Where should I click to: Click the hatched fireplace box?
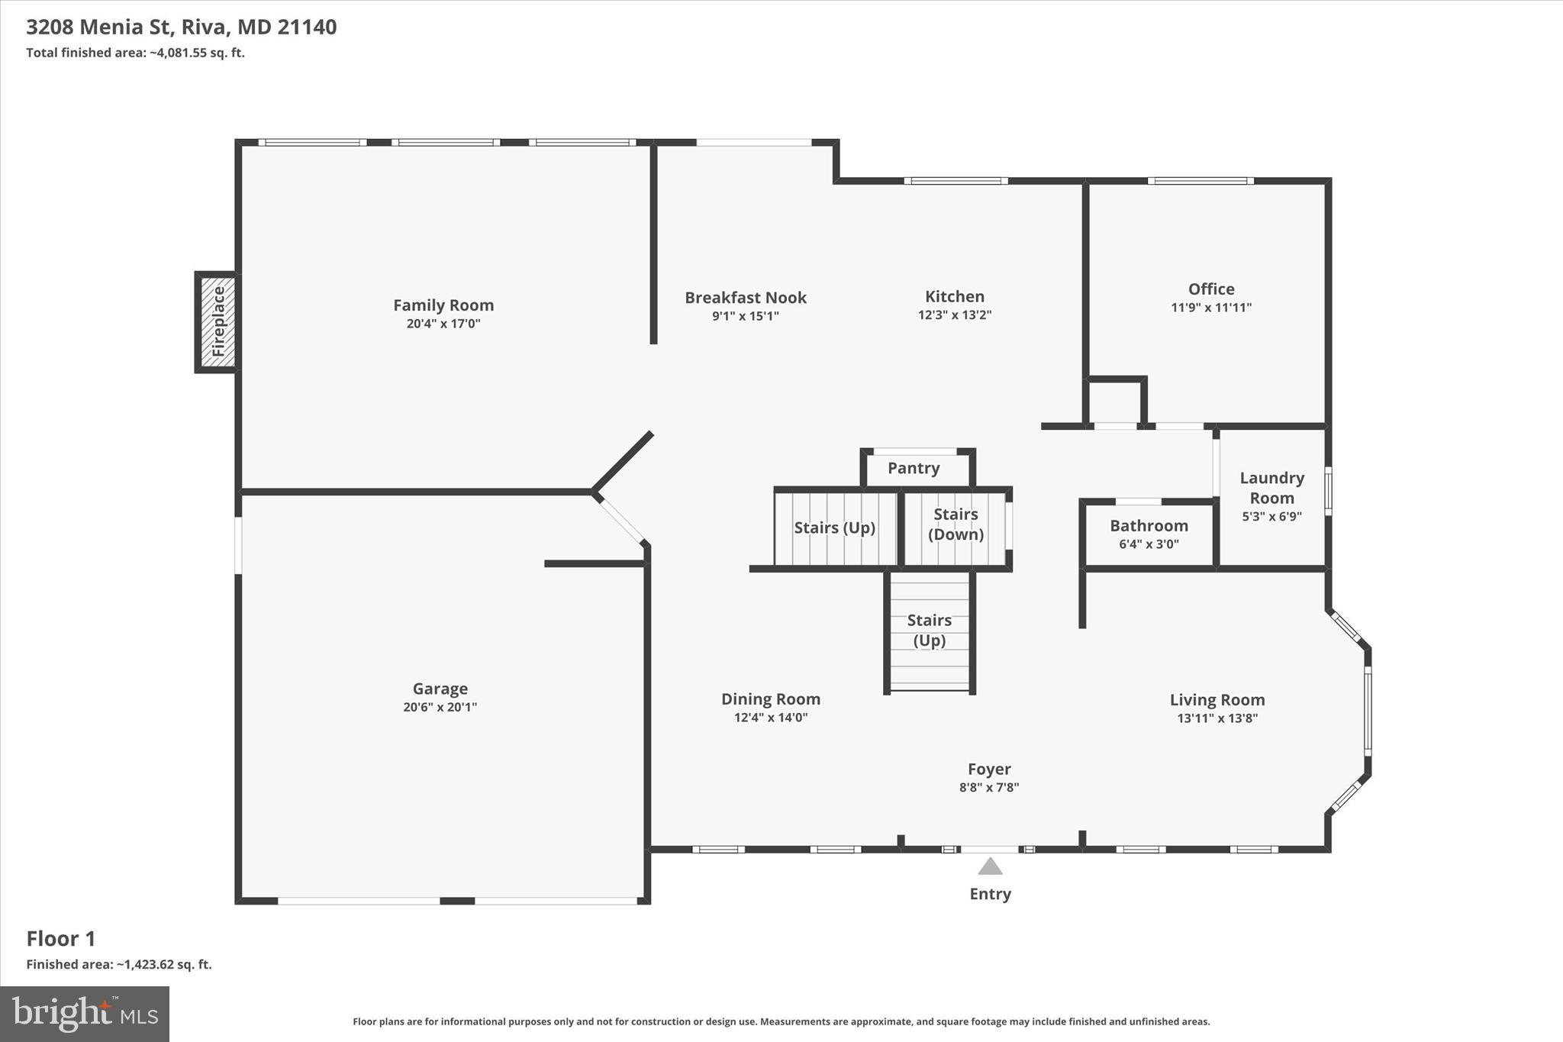218,321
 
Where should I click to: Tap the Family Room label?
443,305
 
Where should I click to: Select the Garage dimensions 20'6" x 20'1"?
440,707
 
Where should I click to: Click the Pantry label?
914,468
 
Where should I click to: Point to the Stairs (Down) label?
956,524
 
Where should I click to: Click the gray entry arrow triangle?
990,866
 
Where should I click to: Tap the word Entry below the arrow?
990,894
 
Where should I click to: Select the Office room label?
1211,289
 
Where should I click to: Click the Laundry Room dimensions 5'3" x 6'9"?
1271,516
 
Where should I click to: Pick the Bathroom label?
1149,526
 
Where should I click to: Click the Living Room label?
1217,700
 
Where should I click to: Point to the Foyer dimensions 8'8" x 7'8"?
989,787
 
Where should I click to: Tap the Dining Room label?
771,699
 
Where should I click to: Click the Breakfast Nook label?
745,298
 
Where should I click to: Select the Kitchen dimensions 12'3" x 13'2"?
954,315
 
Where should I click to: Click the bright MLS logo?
85,1014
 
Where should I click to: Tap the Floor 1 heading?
61,939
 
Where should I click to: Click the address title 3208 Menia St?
181,27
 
